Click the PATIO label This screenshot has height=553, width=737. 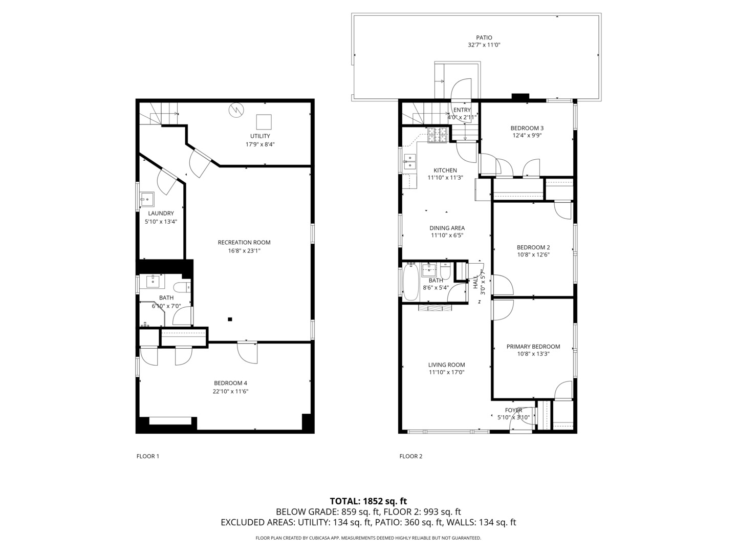click(x=484, y=37)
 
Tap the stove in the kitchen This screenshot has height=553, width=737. click(x=438, y=134)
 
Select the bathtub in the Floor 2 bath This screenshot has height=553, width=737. click(x=410, y=282)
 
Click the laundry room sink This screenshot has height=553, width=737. click(x=147, y=199)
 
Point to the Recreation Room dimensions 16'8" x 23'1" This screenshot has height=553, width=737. click(x=244, y=251)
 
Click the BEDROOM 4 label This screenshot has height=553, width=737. click(x=230, y=383)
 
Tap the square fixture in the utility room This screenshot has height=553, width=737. click(x=264, y=122)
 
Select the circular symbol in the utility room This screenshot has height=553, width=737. click(x=236, y=110)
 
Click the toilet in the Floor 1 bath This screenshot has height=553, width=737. click(x=181, y=288)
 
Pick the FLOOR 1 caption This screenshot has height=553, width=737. click(x=148, y=456)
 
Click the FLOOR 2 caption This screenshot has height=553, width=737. click(x=411, y=456)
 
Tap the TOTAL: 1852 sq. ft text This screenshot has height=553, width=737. click(x=368, y=501)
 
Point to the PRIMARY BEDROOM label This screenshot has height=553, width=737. click(x=533, y=347)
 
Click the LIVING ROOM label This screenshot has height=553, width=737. click(x=446, y=365)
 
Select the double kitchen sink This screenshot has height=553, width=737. click(x=409, y=161)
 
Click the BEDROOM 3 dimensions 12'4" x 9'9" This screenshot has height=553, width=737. click(x=527, y=136)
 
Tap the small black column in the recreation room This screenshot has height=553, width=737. click(x=230, y=320)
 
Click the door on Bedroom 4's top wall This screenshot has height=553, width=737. click(x=247, y=352)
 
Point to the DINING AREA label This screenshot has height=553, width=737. click(x=447, y=228)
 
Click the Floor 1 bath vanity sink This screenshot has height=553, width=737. click(x=153, y=281)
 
